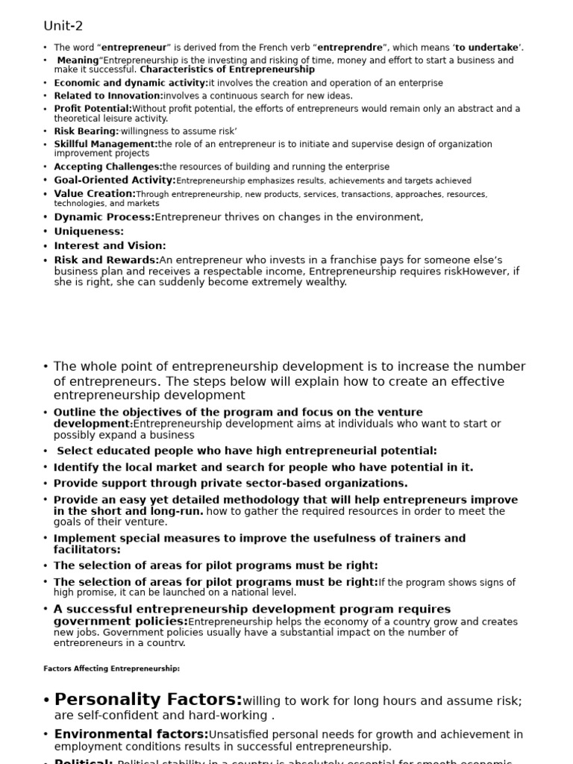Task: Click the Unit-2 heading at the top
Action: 63,26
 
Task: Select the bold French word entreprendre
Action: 349,48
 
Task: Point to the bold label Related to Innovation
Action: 108,95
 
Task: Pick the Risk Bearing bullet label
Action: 86,131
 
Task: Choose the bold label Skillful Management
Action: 105,144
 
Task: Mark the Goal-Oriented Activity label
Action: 114,181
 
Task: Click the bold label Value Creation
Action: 95,194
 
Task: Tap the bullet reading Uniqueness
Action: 89,231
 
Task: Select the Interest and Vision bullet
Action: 110,245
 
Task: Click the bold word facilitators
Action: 87,550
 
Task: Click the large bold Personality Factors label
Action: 148,700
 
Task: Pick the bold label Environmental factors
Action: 131,734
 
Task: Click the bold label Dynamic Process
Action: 104,217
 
